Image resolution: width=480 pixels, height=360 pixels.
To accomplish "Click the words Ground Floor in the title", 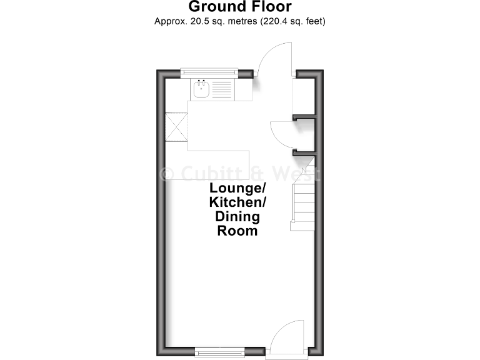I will [x=240, y=7].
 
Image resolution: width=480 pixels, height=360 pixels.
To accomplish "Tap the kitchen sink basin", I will [x=201, y=89].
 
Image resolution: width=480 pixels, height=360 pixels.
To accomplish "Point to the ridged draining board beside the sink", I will [x=222, y=89].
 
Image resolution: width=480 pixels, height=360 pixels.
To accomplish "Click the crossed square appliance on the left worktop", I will [x=176, y=127].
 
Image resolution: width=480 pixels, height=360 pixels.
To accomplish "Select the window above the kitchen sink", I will [x=209, y=73].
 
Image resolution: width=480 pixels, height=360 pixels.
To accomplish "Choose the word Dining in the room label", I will [x=238, y=216].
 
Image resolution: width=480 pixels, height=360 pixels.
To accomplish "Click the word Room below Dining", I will [x=237, y=231].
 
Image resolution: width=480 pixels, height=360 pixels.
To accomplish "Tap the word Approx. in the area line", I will [x=170, y=21].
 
